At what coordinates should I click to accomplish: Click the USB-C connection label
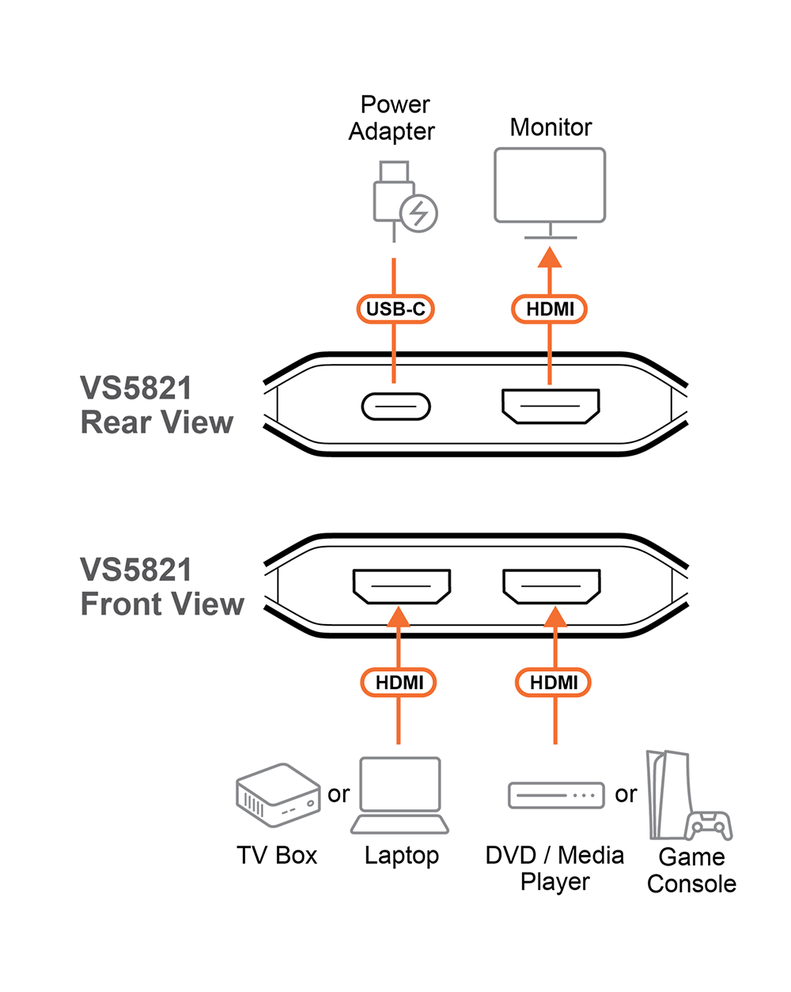pos(395,309)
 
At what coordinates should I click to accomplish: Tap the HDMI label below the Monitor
pos(550,309)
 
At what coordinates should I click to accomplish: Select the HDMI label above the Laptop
pos(399,682)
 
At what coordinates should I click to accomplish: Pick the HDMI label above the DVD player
pos(553,682)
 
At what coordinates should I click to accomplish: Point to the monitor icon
pos(550,186)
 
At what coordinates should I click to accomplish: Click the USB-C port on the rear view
pos(395,407)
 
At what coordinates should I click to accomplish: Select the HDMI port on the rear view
pos(551,406)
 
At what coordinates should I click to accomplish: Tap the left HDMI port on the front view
pos(401,586)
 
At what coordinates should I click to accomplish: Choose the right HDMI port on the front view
pos(551,586)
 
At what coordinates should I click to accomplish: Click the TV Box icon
pos(277,794)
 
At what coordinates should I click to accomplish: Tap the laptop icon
pos(399,795)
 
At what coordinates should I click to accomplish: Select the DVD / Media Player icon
pos(555,795)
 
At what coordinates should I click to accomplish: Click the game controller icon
pos(709,825)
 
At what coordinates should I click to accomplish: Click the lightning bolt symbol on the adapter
pos(418,213)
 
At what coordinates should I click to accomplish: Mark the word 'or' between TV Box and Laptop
pos(339,793)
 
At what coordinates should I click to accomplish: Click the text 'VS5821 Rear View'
pos(157,405)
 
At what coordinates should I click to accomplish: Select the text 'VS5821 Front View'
pos(161,587)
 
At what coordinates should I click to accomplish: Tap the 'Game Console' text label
pos(691,870)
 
